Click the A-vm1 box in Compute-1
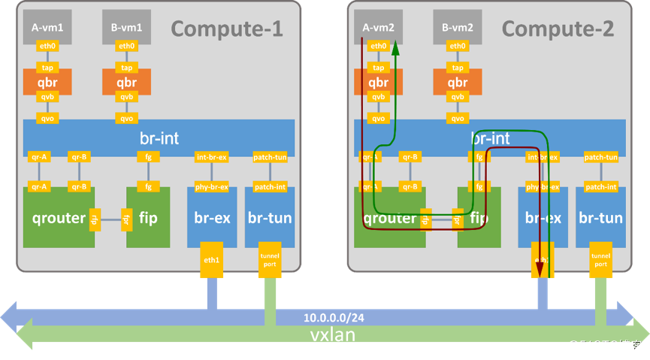[x=47, y=27]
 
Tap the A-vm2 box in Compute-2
[x=378, y=27]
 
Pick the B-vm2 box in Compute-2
[x=458, y=27]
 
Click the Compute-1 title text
[x=226, y=29]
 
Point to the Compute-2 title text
[x=558, y=29]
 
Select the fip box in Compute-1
[x=148, y=218]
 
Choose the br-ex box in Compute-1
[x=212, y=218]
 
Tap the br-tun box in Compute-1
[x=270, y=218]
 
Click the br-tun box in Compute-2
[x=600, y=218]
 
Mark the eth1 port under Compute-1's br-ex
[x=211, y=260]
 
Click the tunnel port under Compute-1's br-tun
[x=270, y=260]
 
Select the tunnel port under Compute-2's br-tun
[x=600, y=260]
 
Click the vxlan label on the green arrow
[x=332, y=334]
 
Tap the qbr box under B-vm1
[x=126, y=82]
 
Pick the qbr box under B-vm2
[x=458, y=82]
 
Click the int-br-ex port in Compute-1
[x=212, y=157]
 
